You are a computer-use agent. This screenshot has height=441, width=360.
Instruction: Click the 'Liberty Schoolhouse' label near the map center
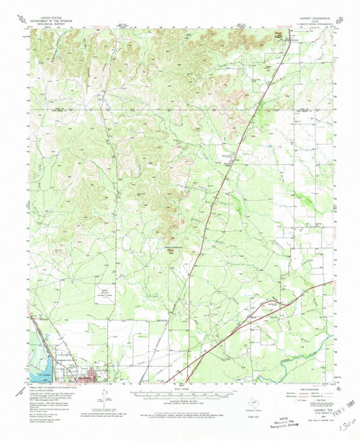171,250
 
